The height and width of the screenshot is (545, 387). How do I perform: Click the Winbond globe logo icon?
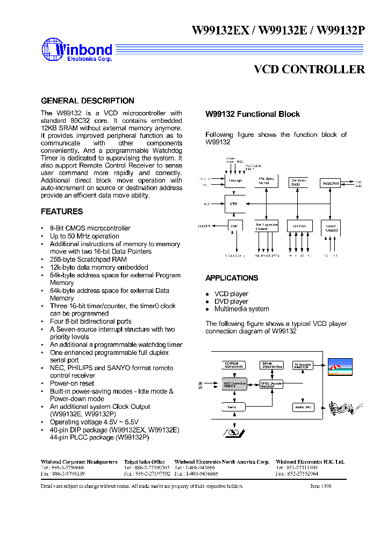[53, 49]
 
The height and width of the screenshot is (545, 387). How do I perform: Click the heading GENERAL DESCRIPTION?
[88, 101]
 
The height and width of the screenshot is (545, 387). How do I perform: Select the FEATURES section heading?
[62, 212]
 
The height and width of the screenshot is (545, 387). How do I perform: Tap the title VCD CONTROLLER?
[309, 69]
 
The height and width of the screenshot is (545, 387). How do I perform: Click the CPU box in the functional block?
[233, 204]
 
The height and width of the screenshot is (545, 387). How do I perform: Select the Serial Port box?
[330, 183]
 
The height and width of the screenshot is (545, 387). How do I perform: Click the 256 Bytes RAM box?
[297, 183]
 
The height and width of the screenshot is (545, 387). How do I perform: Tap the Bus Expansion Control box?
[266, 227]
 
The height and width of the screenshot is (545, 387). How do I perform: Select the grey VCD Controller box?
[234, 384]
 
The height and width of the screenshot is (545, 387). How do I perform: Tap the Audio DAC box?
[302, 407]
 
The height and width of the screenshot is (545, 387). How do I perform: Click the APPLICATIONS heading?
[232, 278]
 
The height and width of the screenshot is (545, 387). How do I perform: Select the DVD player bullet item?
[231, 302]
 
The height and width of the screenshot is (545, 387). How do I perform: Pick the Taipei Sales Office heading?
[144, 462]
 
